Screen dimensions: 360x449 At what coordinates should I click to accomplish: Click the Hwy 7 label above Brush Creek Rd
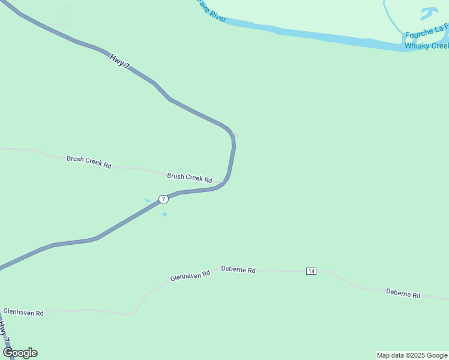coord(119,61)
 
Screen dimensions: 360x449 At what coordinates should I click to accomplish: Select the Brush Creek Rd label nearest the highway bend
coord(189,178)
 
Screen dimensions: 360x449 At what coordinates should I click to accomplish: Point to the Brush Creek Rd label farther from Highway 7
coord(89,162)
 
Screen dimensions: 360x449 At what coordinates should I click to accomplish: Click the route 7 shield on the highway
coord(163,199)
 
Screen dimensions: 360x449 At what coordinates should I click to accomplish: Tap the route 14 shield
coord(311,271)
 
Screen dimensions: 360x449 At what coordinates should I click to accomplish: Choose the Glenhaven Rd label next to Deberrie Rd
coord(190,275)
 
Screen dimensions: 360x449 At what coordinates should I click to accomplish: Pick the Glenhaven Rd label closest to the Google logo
coord(23,313)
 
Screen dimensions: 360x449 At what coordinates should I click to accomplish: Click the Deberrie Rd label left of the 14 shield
coord(238,270)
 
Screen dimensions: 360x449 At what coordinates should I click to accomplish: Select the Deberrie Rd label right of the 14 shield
coord(403,294)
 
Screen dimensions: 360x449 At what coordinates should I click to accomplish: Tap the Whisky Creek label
coord(426,46)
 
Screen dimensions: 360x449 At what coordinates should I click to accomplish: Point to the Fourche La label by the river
coord(426,35)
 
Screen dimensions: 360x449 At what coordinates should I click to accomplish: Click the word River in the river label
coord(218,17)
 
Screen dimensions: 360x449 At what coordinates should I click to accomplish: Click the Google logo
coord(20,353)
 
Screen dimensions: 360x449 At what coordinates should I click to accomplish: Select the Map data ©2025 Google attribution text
coord(412,355)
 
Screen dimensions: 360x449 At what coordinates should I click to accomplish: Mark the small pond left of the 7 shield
coord(148,200)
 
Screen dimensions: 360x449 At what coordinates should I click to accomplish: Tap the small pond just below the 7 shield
coord(164,214)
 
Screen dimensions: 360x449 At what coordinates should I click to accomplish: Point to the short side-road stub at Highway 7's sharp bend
coord(235,134)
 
